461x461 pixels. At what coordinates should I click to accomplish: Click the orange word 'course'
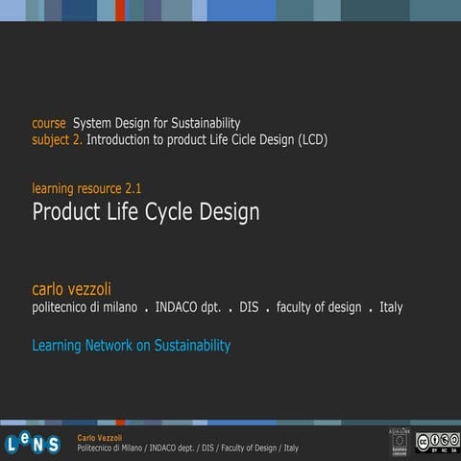click(49, 124)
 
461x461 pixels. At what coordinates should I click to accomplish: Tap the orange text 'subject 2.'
click(58, 140)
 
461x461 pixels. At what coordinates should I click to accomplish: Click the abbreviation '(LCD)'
click(311, 140)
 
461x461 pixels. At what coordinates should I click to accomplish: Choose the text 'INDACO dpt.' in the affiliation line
click(188, 307)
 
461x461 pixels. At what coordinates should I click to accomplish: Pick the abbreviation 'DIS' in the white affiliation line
click(250, 307)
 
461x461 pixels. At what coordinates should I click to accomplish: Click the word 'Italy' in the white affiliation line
click(391, 307)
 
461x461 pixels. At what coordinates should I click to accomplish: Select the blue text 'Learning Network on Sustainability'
click(132, 345)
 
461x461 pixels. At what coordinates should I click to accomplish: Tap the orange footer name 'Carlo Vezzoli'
click(100, 437)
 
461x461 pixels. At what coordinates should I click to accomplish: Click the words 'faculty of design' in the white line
click(319, 307)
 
